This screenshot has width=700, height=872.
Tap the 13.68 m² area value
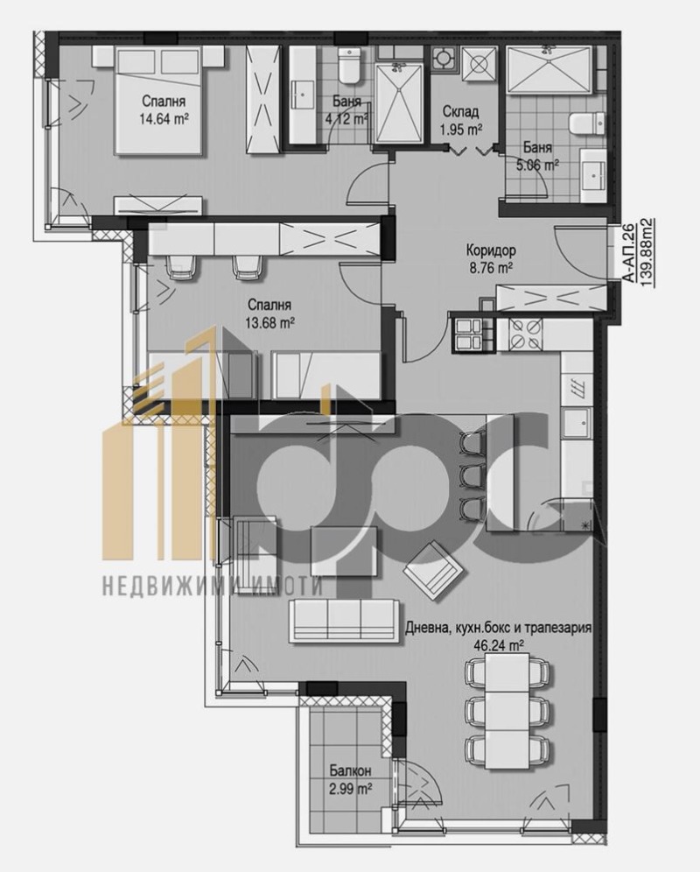(269, 321)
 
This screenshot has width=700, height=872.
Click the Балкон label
(351, 771)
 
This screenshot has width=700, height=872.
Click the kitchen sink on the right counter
(577, 426)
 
